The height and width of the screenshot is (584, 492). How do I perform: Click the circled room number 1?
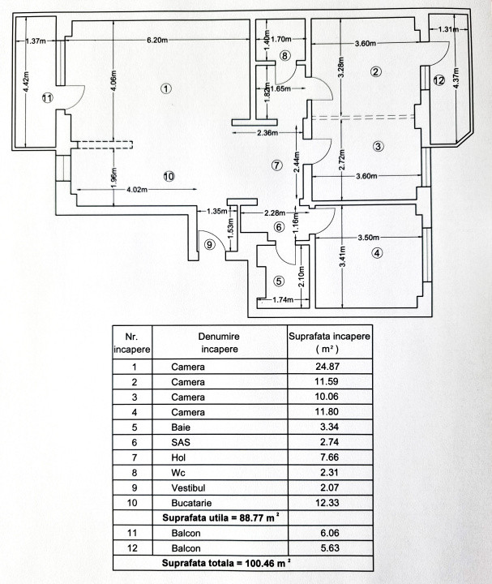click(x=166, y=88)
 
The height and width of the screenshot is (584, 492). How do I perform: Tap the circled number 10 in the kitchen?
click(x=169, y=175)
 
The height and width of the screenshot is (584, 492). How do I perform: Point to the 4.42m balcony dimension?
click(x=26, y=83)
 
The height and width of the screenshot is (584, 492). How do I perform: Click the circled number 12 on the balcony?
click(x=439, y=80)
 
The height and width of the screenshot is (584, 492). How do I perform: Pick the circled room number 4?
click(x=376, y=252)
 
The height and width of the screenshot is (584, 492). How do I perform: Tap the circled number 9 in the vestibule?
click(x=210, y=245)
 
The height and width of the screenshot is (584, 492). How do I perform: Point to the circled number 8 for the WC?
click(x=285, y=55)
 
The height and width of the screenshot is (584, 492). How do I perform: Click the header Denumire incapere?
click(x=220, y=342)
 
